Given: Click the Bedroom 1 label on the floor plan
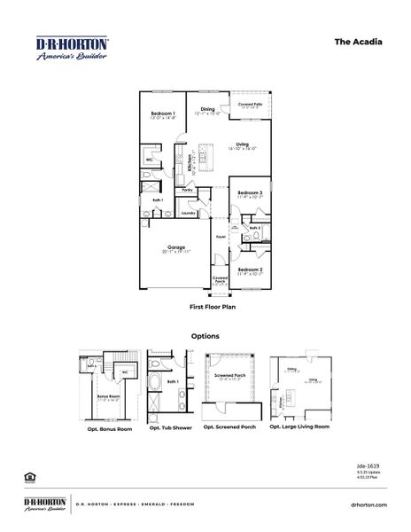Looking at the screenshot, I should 163,113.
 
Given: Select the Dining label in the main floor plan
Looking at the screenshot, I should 207,109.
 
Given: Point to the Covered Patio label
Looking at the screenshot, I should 251,104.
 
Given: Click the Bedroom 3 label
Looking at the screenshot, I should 250,192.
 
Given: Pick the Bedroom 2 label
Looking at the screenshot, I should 250,269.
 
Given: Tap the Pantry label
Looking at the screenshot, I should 188,190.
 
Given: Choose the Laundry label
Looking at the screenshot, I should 188,213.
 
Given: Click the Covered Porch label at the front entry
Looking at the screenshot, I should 220,280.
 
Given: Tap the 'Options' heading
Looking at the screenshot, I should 205,336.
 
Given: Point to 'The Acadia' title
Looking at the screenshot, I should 359,41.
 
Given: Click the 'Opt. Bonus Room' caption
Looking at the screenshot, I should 110,428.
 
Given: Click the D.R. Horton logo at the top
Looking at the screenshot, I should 72,48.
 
